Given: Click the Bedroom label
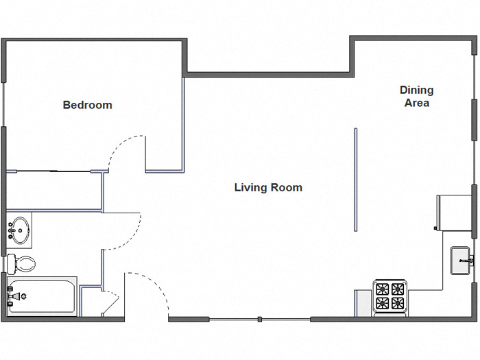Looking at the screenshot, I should coord(87,105).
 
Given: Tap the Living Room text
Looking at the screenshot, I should coord(268,187).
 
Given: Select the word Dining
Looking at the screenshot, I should coord(416,90).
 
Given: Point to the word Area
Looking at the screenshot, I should coord(416,103).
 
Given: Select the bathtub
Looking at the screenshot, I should coord(41,296).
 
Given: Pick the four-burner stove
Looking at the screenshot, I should coord(391,296).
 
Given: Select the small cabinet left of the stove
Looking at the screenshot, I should coord(363,302).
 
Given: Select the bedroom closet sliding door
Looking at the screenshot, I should coord(51,171).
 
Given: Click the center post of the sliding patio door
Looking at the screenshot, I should coord(259,319).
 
